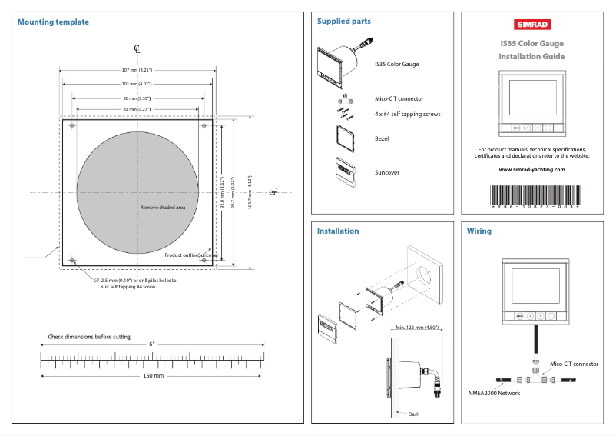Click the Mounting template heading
(51, 22)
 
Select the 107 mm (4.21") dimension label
(137, 70)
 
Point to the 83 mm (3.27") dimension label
(137, 110)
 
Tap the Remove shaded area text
(163, 207)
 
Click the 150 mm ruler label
(154, 376)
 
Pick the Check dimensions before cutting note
(89, 337)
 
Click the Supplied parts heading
(344, 22)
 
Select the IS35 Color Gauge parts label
(396, 64)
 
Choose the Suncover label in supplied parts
(387, 172)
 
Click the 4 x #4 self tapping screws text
(408, 114)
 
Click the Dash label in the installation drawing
(414, 414)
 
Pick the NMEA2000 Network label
(494, 393)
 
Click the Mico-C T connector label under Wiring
(575, 364)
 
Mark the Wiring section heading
(479, 231)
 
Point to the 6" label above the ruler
(152, 344)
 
